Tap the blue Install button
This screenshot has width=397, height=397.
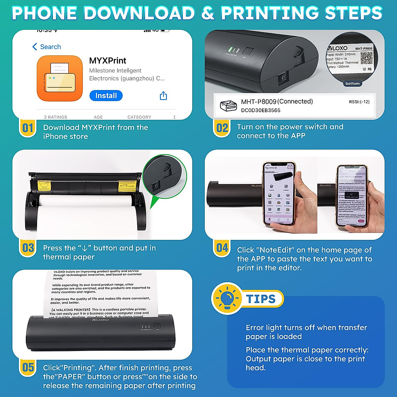tap(106, 96)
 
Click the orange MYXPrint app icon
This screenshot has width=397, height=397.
tap(60, 78)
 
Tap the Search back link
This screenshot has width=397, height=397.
tap(47, 47)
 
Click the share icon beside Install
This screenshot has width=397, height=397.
tap(163, 96)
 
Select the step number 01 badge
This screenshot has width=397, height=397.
tap(28, 128)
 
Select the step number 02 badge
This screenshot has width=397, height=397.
tap(222, 128)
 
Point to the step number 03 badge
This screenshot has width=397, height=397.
tap(28, 248)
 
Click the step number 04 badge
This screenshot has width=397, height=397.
tap(222, 248)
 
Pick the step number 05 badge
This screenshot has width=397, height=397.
tap(28, 367)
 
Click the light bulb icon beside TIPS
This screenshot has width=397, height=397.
tap(227, 298)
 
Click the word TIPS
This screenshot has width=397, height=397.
tap(261, 299)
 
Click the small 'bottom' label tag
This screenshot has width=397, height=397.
tap(352, 84)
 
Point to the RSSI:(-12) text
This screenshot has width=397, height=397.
tap(359, 102)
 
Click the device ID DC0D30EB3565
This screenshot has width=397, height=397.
tap(261, 110)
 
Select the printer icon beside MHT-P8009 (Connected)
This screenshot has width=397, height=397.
tap(228, 106)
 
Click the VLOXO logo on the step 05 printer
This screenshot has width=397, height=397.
tap(100, 320)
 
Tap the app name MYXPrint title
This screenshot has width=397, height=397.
tap(108, 61)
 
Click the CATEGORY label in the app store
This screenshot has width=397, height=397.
tap(139, 117)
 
